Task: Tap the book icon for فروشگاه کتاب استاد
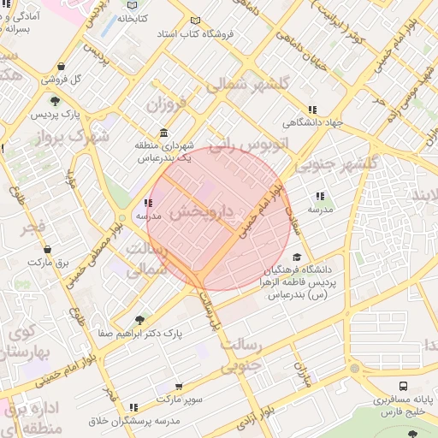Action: click(x=196, y=21)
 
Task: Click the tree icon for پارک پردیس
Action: click(x=55, y=102)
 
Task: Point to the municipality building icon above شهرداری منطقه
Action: click(x=163, y=133)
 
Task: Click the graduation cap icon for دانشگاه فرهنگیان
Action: click(x=297, y=257)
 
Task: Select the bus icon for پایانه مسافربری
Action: click(x=403, y=387)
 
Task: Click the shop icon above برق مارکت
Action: click(x=45, y=249)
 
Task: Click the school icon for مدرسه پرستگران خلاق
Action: click(x=133, y=407)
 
